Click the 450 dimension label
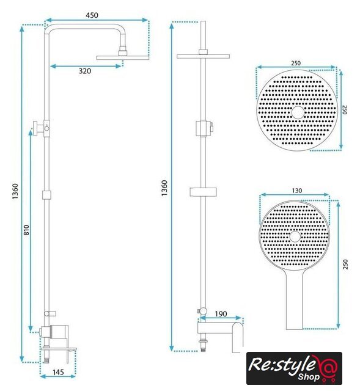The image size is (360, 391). coord(92,15)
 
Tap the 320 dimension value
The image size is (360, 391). coord(85,71)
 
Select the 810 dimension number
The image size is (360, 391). coord(26,230)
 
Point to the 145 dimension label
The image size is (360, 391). coord(58,372)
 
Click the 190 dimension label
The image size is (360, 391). coord(221,313)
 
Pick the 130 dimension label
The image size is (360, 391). coord(296,191)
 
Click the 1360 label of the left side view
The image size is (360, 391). coord(15,191)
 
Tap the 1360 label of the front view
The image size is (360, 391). coord(164,188)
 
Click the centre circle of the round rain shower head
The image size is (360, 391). coord(298,112)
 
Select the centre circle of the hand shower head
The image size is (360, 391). coord(295,236)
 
